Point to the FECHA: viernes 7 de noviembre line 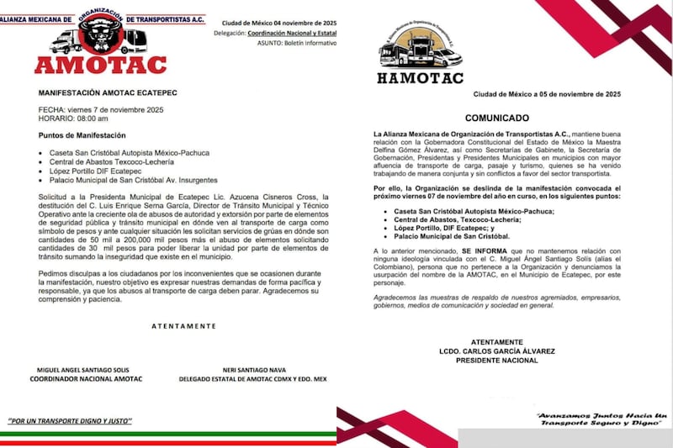click(93, 110)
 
